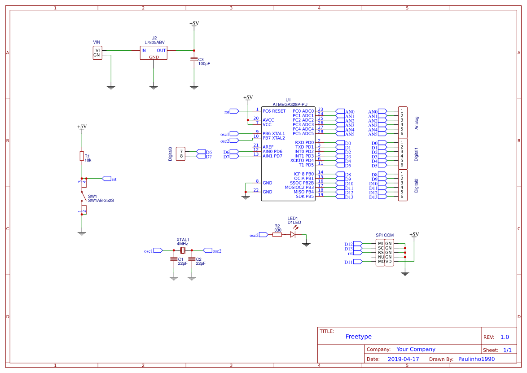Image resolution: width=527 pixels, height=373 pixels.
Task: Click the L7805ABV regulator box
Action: pos(154,53)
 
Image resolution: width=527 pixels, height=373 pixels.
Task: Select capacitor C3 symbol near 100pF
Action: pos(194,59)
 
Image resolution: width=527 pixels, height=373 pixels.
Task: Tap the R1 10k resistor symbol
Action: pos(82,156)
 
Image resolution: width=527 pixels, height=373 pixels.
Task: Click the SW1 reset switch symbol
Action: pos(83,197)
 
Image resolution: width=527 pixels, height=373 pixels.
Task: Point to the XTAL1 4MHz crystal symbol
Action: pos(183,250)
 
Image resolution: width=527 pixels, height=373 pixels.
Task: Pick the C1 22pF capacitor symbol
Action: pos(174,259)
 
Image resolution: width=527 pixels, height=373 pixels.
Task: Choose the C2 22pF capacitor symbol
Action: pos(192,259)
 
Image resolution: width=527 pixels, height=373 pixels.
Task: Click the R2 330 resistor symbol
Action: pos(277,235)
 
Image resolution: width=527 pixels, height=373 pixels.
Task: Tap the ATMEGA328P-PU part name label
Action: pos(290,105)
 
